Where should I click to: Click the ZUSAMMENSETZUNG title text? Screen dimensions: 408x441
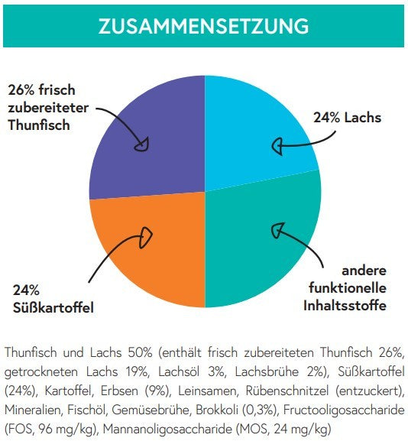(x=203, y=26)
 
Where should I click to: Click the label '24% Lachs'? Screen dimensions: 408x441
(x=348, y=118)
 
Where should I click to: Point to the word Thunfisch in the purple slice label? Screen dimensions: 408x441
(x=39, y=125)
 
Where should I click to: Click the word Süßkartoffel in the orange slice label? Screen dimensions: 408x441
(x=53, y=308)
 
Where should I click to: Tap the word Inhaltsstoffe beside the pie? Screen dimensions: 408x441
(x=345, y=306)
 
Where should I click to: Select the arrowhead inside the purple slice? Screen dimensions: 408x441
(x=142, y=145)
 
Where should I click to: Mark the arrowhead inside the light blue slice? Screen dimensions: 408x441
(x=277, y=146)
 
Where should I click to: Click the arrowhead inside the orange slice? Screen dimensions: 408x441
(x=145, y=238)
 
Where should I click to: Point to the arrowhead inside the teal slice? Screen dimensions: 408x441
(x=277, y=229)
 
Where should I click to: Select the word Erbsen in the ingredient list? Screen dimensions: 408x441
(x=119, y=391)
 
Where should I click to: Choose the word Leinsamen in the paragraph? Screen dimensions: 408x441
(x=208, y=391)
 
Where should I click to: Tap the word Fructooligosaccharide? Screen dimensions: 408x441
(x=344, y=410)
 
